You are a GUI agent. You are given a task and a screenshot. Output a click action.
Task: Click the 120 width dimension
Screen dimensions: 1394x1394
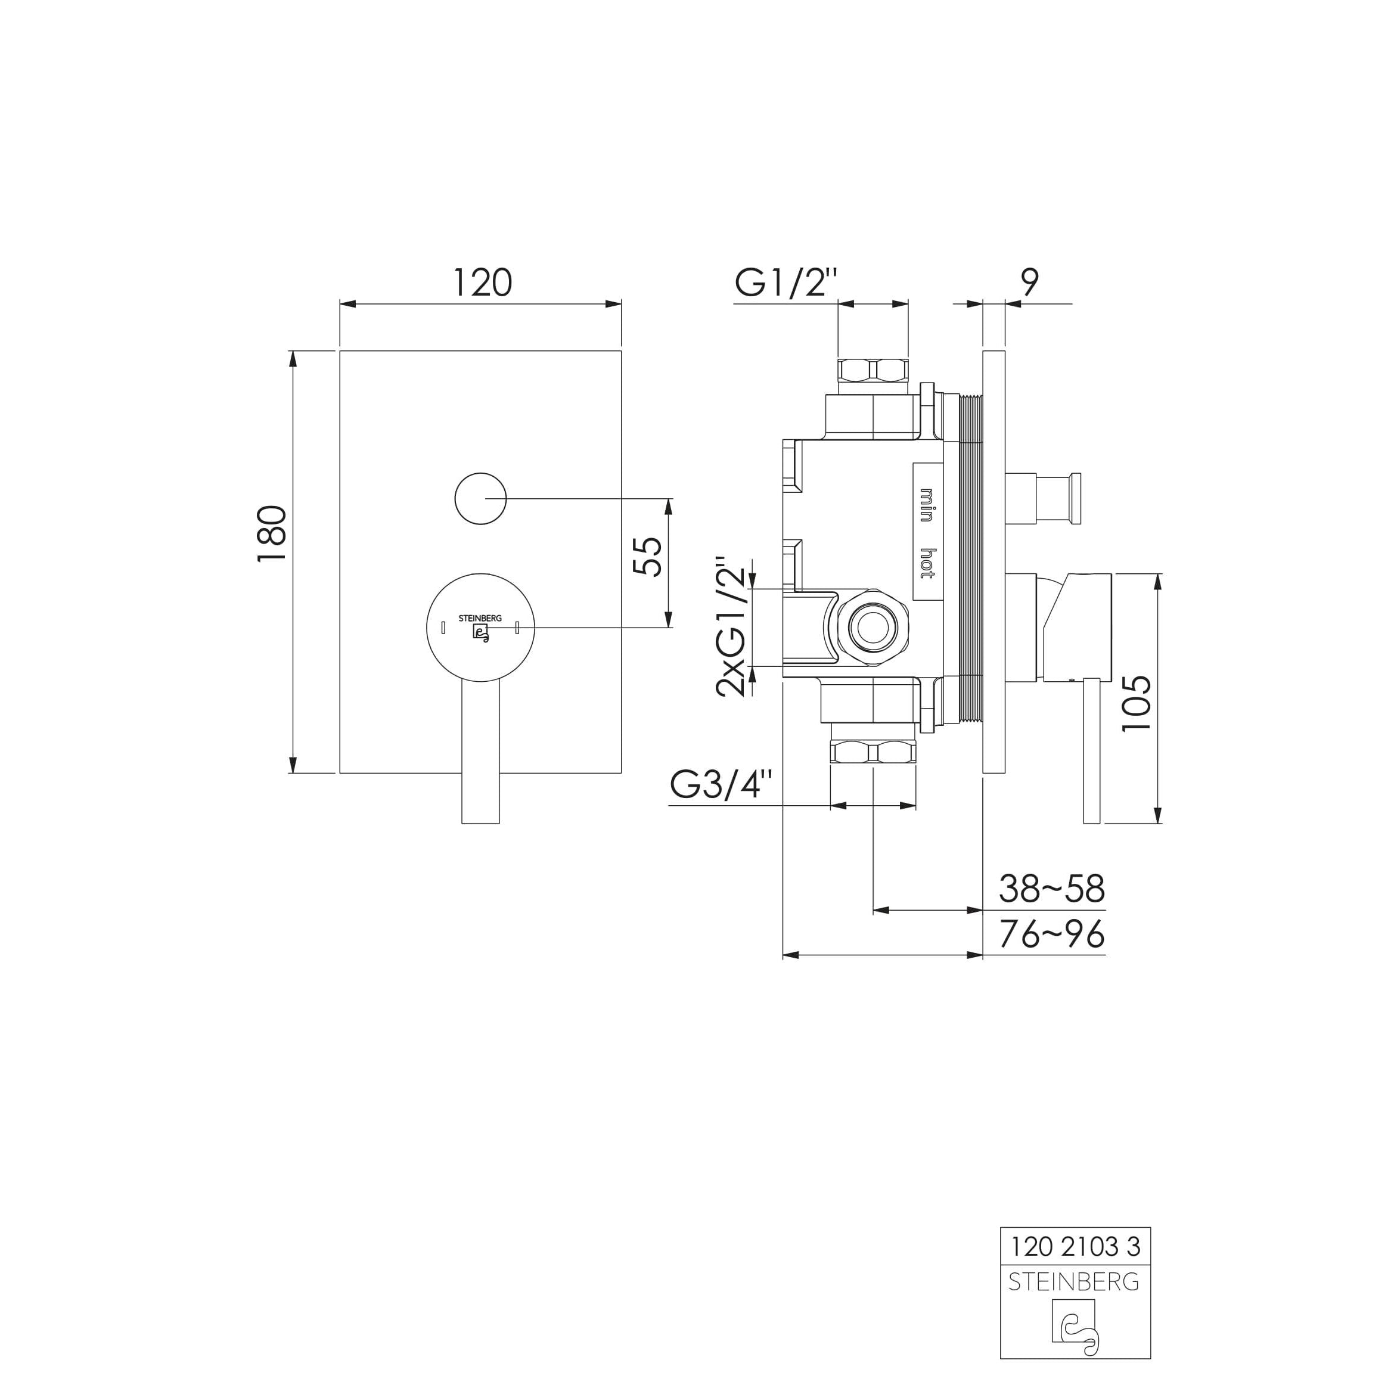point(482,283)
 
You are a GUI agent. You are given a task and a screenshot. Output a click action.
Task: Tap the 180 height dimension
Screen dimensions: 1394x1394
point(273,535)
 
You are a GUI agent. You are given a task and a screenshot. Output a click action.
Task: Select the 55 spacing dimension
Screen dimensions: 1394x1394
point(647,556)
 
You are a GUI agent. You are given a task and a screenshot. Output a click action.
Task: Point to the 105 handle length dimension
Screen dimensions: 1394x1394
point(1137,703)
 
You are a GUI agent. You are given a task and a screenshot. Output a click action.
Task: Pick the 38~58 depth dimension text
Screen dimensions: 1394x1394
point(1051,889)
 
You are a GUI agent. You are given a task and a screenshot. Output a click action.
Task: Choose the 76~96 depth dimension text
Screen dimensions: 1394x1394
point(1051,934)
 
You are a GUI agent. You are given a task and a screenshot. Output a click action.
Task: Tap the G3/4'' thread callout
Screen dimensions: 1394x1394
point(721,784)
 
